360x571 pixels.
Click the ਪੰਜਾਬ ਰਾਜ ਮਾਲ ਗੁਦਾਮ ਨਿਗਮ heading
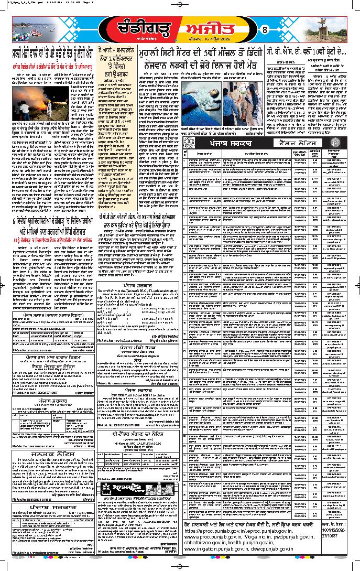51,357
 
